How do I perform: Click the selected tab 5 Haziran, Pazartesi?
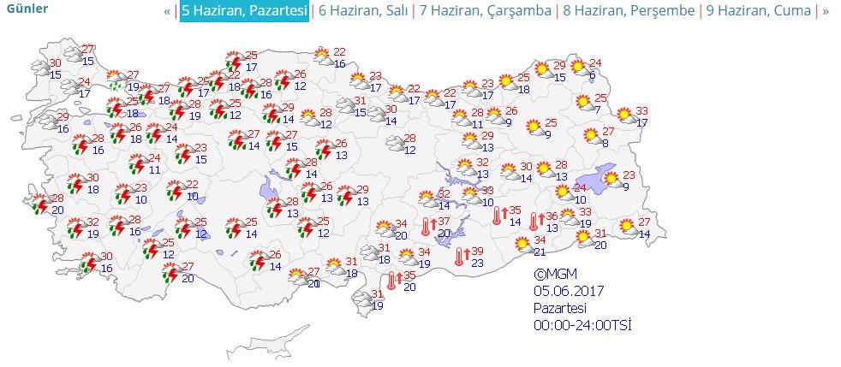(243, 12)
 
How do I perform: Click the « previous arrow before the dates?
(167, 12)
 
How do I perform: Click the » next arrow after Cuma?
(826, 12)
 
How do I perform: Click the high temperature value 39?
(477, 250)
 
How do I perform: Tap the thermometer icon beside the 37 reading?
(425, 227)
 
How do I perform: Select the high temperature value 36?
(552, 216)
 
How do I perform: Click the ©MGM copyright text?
(555, 275)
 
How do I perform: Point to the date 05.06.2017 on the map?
(568, 291)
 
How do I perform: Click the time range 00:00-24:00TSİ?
(582, 325)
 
